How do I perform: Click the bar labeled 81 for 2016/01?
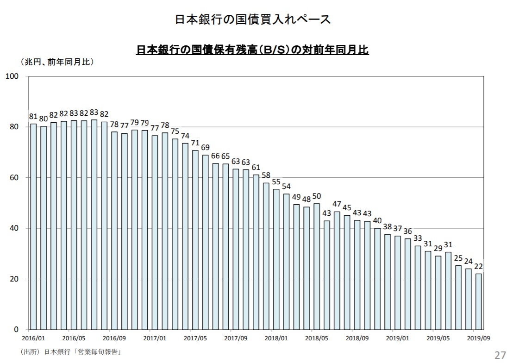[x=33, y=226]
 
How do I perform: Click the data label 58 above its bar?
[x=266, y=175]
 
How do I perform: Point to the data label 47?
[x=337, y=204]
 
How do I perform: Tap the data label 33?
[x=418, y=238]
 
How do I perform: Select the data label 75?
[x=175, y=131]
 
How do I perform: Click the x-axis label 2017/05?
[x=195, y=338]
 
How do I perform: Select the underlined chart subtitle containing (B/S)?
[x=252, y=50]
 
